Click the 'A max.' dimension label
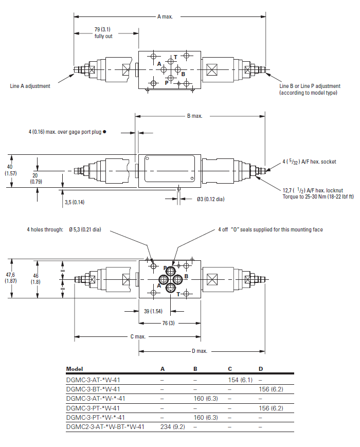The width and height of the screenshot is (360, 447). pyautogui.click(x=165, y=16)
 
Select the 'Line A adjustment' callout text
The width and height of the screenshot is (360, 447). pyautogui.click(x=30, y=86)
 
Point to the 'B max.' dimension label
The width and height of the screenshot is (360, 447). pyautogui.click(x=194, y=116)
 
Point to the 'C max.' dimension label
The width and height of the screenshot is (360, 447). pyautogui.click(x=137, y=336)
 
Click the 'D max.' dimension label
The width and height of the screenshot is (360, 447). pyautogui.click(x=200, y=351)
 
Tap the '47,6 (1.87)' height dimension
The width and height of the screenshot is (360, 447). pyautogui.click(x=10, y=278)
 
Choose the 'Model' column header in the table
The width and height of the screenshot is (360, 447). pyautogui.click(x=75, y=369)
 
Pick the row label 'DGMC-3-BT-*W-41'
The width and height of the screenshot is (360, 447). pyautogui.click(x=93, y=389)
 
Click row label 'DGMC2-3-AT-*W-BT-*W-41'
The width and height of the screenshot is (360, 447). pyautogui.click(x=105, y=426)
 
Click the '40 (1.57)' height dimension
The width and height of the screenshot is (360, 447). pyautogui.click(x=10, y=170)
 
